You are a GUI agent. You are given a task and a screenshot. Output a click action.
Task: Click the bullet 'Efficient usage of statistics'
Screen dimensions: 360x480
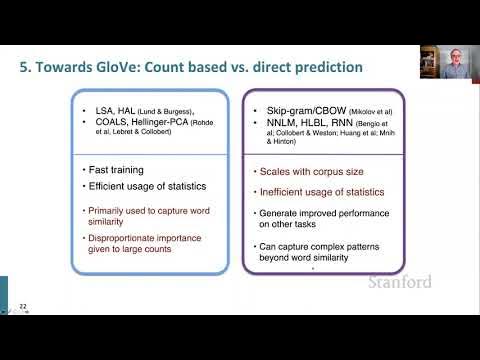pos(149,186)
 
